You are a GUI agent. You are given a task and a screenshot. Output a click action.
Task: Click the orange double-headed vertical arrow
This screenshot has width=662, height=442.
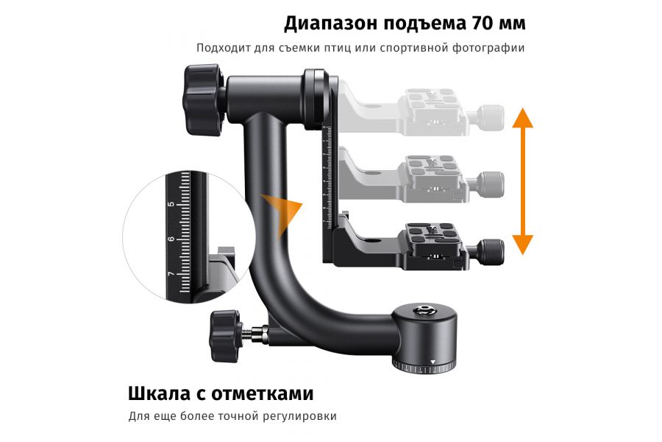coord(522,180)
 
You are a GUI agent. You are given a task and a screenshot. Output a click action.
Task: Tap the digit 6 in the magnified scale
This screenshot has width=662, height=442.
coord(171,239)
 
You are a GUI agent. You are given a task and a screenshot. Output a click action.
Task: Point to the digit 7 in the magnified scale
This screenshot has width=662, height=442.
coord(171,274)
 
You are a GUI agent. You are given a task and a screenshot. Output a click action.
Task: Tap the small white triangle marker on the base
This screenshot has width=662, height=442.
coord(433,362)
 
